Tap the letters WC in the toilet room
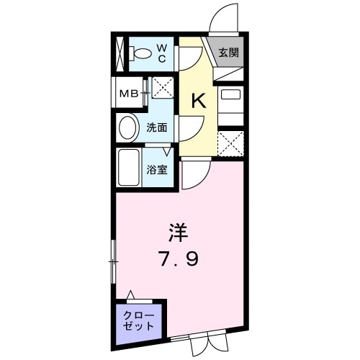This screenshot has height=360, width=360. point(162,53)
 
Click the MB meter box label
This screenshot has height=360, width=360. point(130,93)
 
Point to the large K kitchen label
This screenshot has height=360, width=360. point(198,101)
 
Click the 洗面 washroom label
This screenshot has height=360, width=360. point(157,128)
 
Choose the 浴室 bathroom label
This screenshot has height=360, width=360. point(158,171)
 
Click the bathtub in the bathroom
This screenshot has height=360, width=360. point(129,169)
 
